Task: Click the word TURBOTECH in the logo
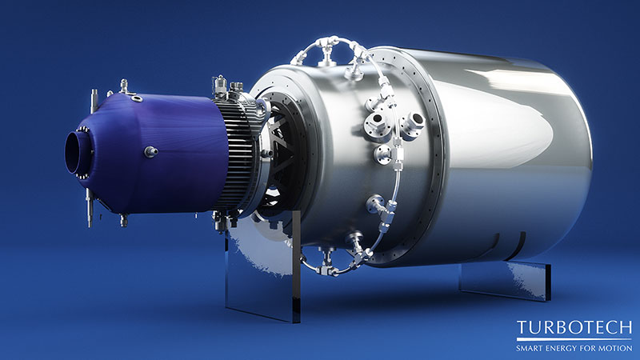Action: [574, 328]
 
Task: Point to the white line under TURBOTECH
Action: [574, 339]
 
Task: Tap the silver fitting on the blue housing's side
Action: [150, 152]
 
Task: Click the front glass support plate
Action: [262, 262]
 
